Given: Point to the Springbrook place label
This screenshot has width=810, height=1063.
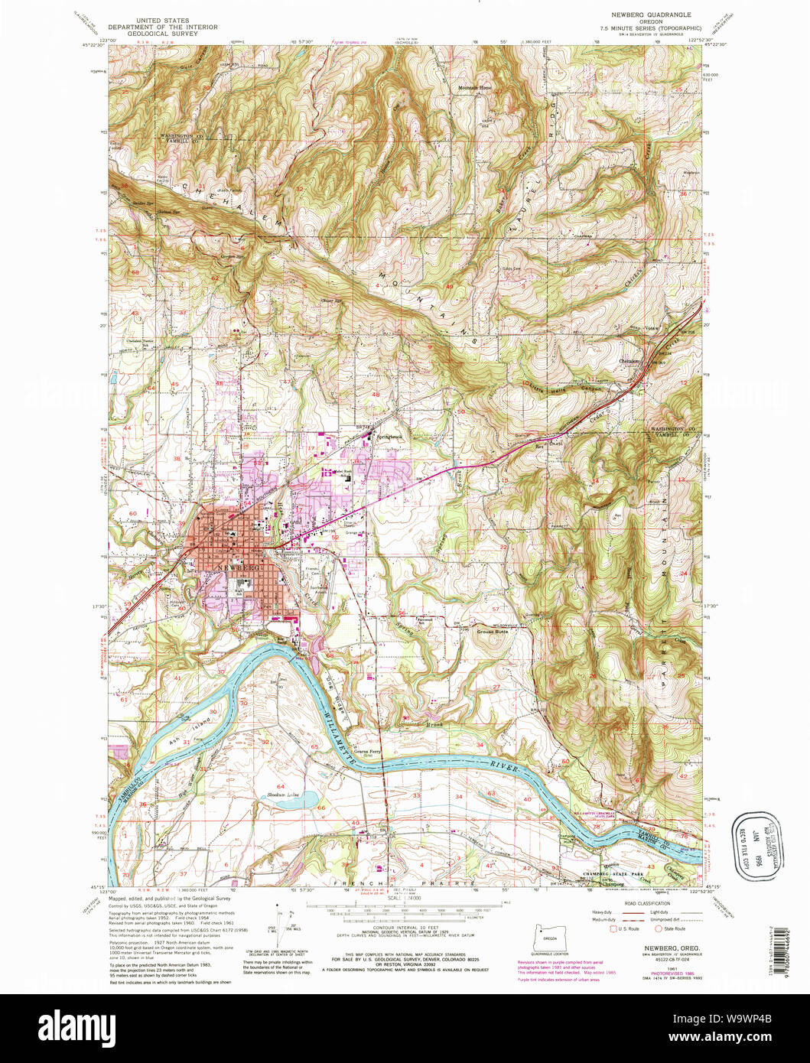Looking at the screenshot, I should (x=392, y=437).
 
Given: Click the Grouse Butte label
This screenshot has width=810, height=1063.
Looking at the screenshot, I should (x=492, y=632).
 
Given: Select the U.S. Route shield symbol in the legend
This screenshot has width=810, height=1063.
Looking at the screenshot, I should (x=612, y=928).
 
